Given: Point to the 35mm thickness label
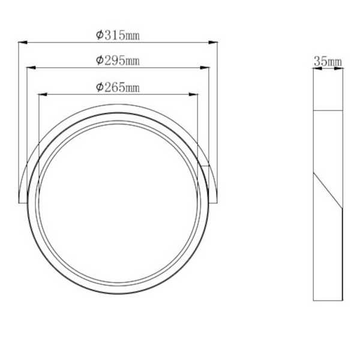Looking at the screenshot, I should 328,61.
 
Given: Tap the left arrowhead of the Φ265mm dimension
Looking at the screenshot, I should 41,94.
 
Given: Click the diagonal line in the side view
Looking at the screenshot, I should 328,191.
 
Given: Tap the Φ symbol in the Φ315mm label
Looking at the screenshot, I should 100,35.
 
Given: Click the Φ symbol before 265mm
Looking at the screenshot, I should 100,87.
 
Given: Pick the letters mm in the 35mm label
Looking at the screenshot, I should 335,61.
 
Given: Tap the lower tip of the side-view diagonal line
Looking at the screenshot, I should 341,208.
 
